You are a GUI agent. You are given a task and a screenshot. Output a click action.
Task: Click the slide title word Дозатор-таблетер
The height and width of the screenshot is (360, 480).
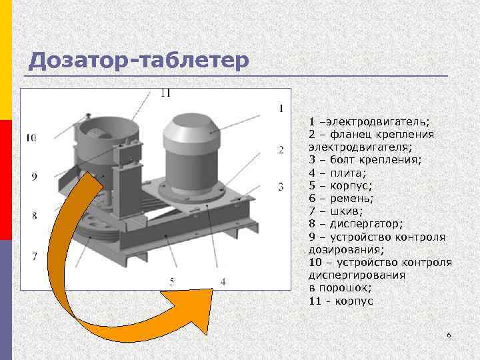point(139,61)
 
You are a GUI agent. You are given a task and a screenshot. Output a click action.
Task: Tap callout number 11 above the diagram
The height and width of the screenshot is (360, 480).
point(165,93)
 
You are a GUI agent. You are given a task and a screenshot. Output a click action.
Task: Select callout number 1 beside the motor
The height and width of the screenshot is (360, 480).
point(281,108)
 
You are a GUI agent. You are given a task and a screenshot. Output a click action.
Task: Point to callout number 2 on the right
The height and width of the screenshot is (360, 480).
point(281,149)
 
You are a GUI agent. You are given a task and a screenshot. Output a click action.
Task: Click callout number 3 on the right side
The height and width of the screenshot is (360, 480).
point(281,185)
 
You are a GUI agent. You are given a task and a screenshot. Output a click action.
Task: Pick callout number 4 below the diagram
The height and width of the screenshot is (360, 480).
point(223,282)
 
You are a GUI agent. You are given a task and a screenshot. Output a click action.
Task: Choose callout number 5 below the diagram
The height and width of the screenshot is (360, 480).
point(171,282)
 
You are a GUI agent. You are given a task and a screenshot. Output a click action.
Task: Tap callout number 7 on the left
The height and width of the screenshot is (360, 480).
point(35,256)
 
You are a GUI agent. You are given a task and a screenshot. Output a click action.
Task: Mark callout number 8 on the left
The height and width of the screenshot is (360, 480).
point(35,215)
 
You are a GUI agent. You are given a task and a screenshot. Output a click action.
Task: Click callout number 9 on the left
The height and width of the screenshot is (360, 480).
point(35,176)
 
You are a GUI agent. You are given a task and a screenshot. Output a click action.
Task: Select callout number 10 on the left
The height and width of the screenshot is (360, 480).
point(31,138)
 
